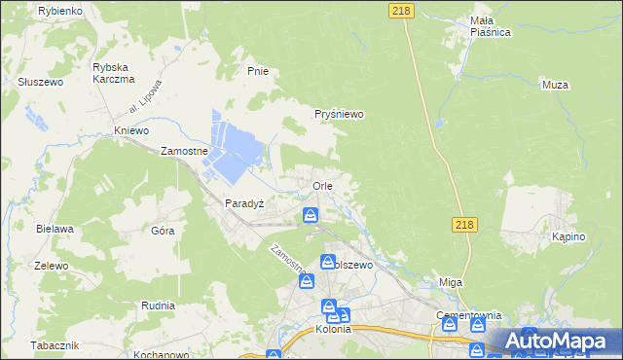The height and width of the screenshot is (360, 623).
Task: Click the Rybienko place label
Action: pyautogui.click(x=59, y=10)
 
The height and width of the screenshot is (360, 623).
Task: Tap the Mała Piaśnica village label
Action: pyautogui.click(x=490, y=25)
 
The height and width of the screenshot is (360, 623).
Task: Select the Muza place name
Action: pyautogui.click(x=554, y=85)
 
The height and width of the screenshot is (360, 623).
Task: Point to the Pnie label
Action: pyautogui.click(x=258, y=71)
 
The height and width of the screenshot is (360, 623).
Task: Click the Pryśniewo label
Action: pyautogui.click(x=339, y=114)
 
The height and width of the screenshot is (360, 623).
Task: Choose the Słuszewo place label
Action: pyautogui.click(x=40, y=82)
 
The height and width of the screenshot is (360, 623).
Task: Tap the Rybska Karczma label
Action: pyautogui.click(x=111, y=73)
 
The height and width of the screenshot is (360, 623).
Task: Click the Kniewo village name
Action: pyautogui.click(x=130, y=130)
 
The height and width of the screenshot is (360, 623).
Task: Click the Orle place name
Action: pyautogui.click(x=323, y=185)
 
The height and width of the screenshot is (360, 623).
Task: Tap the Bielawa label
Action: pyautogui.click(x=55, y=229)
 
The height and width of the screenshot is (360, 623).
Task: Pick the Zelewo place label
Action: pyautogui.click(x=51, y=266)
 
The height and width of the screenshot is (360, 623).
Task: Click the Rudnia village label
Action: pyautogui.click(x=130, y=304)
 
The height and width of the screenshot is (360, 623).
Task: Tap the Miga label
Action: pyautogui.click(x=450, y=281)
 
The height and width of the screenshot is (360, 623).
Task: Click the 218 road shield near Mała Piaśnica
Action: pyautogui.click(x=400, y=10)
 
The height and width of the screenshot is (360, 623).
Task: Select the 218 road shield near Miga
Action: pyautogui.click(x=464, y=225)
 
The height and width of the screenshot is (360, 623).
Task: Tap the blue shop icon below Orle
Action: pyautogui.click(x=311, y=215)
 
